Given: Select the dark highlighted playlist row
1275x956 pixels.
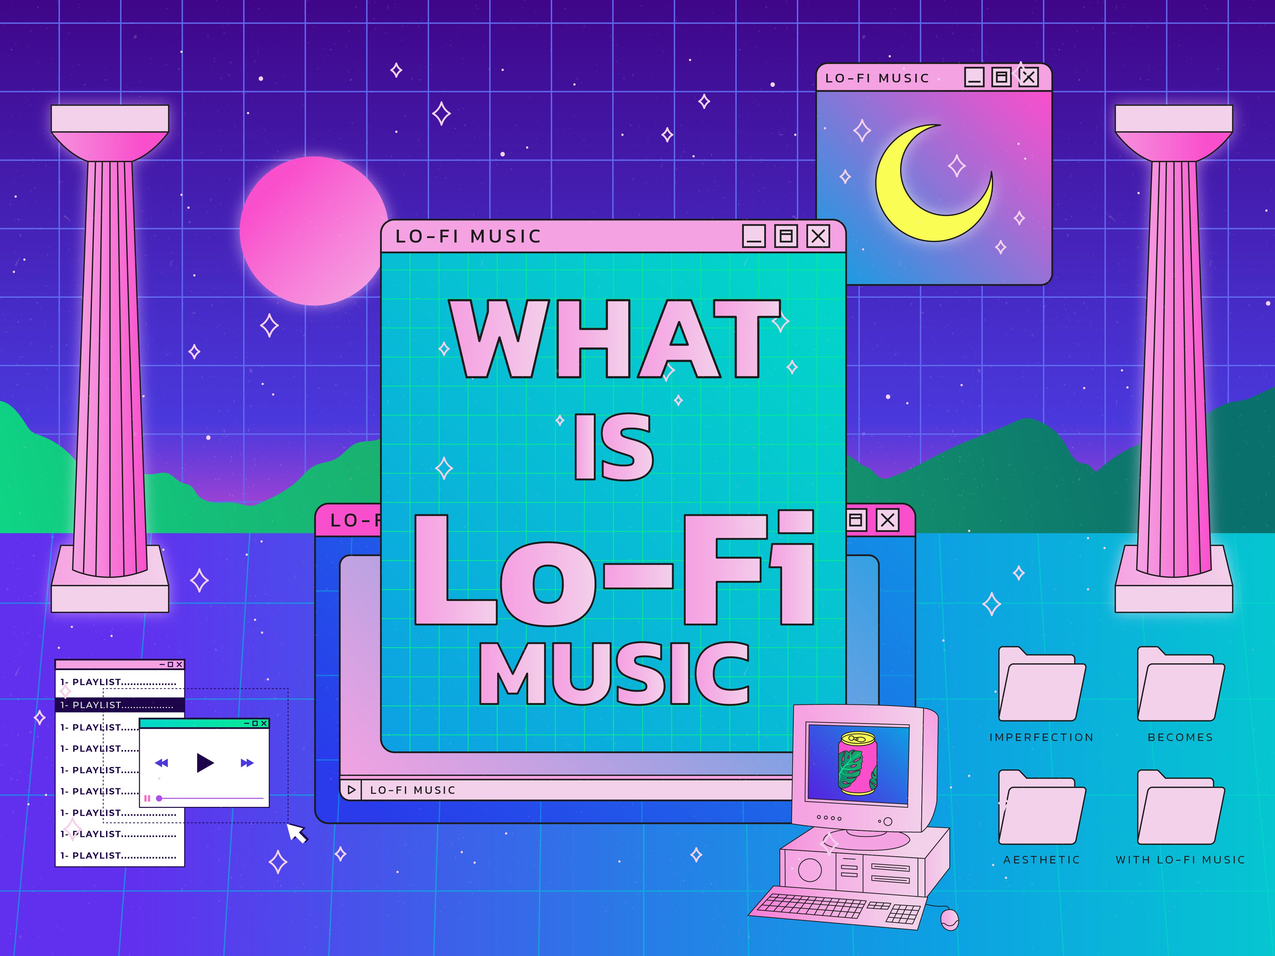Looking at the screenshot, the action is (x=120, y=705).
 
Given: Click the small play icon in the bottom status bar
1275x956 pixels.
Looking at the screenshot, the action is (x=351, y=789).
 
